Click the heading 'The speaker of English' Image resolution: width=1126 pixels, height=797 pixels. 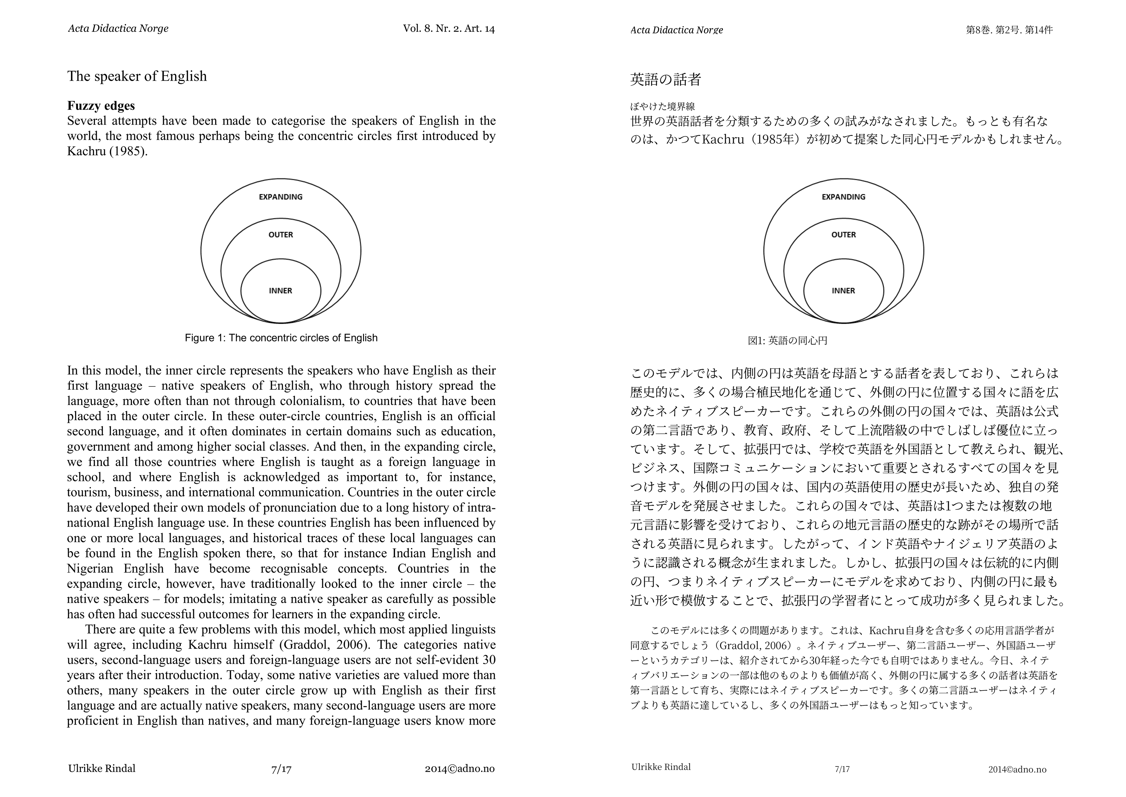coord(137,77)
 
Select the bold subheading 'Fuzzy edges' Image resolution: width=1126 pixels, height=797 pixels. coord(101,106)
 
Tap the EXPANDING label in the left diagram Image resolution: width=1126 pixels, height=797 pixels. coord(281,197)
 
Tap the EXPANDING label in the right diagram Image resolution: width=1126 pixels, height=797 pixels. coord(844,197)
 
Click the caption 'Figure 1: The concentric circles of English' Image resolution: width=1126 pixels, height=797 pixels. coord(281,338)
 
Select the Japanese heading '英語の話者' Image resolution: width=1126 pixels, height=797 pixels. coord(666,80)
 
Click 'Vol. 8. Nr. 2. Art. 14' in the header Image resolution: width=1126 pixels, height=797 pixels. coord(449,28)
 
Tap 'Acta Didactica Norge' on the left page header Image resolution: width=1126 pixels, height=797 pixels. coord(118,28)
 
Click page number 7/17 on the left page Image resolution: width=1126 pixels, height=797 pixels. coord(281,769)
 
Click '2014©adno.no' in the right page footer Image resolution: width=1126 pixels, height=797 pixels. coord(1017,769)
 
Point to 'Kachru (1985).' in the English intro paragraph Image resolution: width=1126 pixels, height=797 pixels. coord(107,152)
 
